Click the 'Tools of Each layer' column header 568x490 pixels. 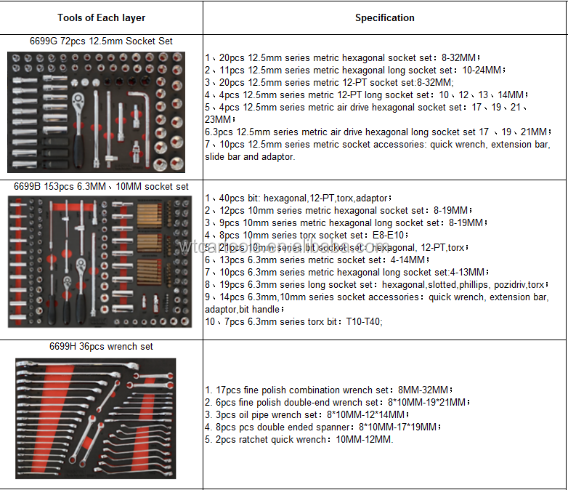point(102,17)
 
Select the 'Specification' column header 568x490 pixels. point(385,17)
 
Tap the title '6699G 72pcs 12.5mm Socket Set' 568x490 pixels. point(102,41)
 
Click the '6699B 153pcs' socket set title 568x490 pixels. point(102,186)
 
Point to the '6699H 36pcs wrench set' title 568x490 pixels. point(102,347)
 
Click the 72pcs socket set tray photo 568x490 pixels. point(102,112)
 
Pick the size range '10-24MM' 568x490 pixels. point(482,70)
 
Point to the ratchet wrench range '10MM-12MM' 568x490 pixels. point(365,439)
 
